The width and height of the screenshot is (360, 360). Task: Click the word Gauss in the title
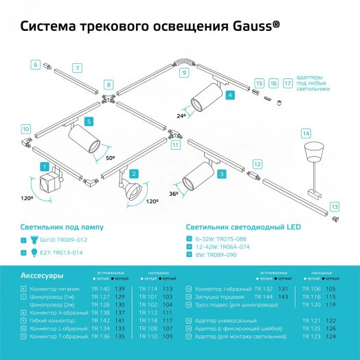point(249,26)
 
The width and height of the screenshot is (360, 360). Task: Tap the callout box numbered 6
point(35,65)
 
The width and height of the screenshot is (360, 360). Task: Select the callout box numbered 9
point(184,72)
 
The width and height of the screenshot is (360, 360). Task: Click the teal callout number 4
point(230,95)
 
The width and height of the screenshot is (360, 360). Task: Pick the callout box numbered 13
point(333,206)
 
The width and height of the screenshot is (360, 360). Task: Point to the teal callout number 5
point(88,121)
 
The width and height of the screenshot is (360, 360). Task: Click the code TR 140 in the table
point(100,289)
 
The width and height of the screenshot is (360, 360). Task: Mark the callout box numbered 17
point(287,83)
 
